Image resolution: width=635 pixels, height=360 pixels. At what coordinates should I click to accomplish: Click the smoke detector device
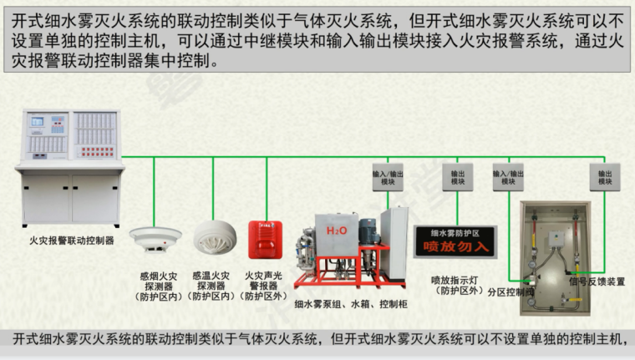[x=156, y=238]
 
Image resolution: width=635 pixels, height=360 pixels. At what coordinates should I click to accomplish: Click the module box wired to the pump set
[x=387, y=176]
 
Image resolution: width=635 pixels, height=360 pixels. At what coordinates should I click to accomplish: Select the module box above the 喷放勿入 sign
[x=459, y=176]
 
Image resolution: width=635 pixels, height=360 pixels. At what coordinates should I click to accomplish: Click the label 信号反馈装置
[x=597, y=281]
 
